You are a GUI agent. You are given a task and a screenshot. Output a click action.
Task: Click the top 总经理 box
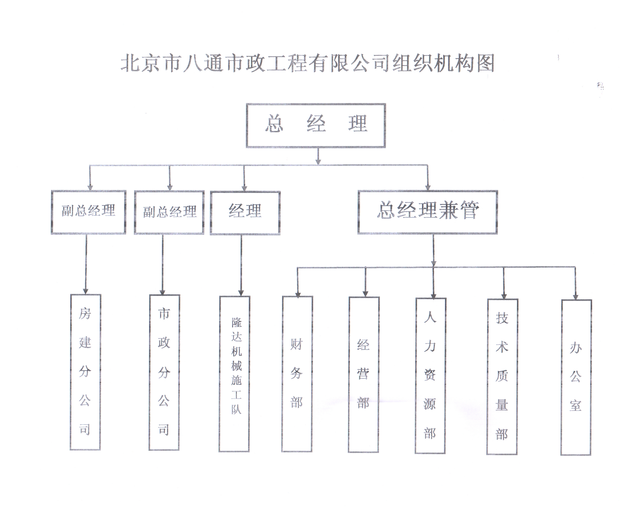coord(316,125)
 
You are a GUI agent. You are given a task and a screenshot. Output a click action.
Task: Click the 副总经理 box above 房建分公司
coord(88,212)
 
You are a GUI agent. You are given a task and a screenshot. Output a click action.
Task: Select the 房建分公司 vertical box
coord(85,372)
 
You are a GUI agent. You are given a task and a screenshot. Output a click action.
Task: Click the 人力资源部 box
coord(430,375)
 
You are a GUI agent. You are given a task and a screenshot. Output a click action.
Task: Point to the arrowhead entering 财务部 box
coord(298,294)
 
